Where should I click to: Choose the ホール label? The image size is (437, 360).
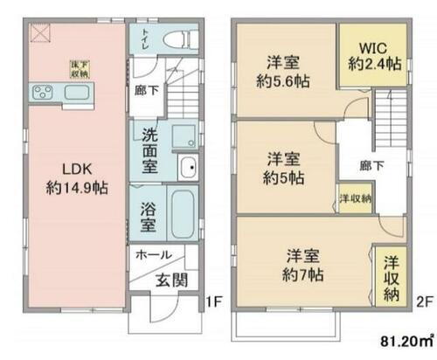(x=154, y=256)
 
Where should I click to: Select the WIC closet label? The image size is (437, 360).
(x=373, y=43)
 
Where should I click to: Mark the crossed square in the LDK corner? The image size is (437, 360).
(x=39, y=33)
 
